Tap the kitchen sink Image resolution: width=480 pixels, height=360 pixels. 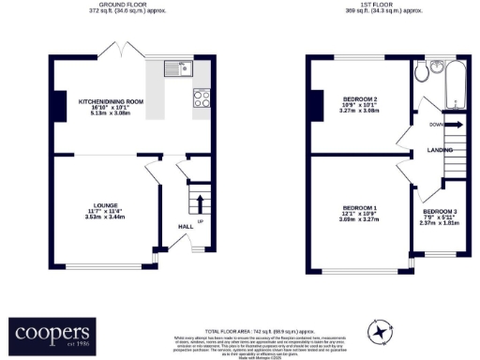(174, 67)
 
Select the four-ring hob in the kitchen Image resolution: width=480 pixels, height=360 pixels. (201, 97)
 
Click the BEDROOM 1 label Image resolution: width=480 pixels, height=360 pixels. (359, 207)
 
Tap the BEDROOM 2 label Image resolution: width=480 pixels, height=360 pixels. (360, 98)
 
